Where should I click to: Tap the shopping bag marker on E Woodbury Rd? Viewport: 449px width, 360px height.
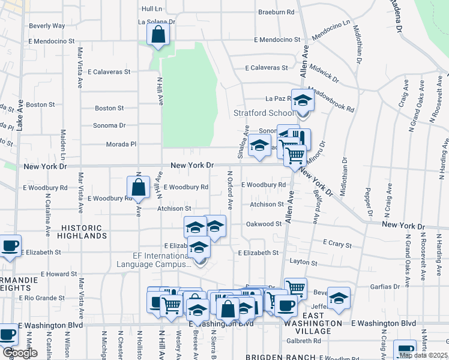click(x=139, y=186)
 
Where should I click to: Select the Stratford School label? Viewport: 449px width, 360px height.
click(x=264, y=113)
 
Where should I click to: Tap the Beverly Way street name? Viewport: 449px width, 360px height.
click(x=47, y=26)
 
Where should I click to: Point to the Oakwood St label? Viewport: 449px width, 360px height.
click(x=264, y=224)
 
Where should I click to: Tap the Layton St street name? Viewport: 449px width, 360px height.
click(x=303, y=262)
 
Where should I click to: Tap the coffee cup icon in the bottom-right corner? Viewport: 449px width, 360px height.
click(x=403, y=349)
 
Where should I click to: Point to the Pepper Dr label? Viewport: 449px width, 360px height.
click(x=368, y=204)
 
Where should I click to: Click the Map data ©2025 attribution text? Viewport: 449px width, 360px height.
click(x=422, y=355)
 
